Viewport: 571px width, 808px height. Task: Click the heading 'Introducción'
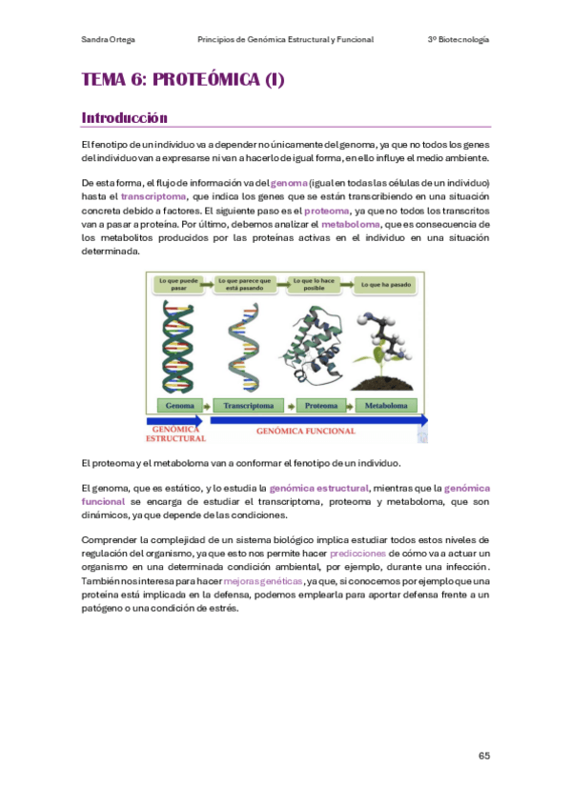(x=125, y=118)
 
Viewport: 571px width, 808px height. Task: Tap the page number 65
(x=484, y=756)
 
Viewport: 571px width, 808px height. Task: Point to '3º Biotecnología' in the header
(x=459, y=39)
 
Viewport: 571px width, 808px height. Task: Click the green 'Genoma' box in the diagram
(x=179, y=405)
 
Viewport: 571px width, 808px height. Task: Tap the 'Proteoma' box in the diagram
(x=321, y=405)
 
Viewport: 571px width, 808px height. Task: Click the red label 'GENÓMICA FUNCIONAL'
(x=306, y=431)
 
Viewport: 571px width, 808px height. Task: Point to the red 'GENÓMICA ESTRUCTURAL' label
(x=175, y=434)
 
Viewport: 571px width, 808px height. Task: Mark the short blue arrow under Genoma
(x=173, y=420)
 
